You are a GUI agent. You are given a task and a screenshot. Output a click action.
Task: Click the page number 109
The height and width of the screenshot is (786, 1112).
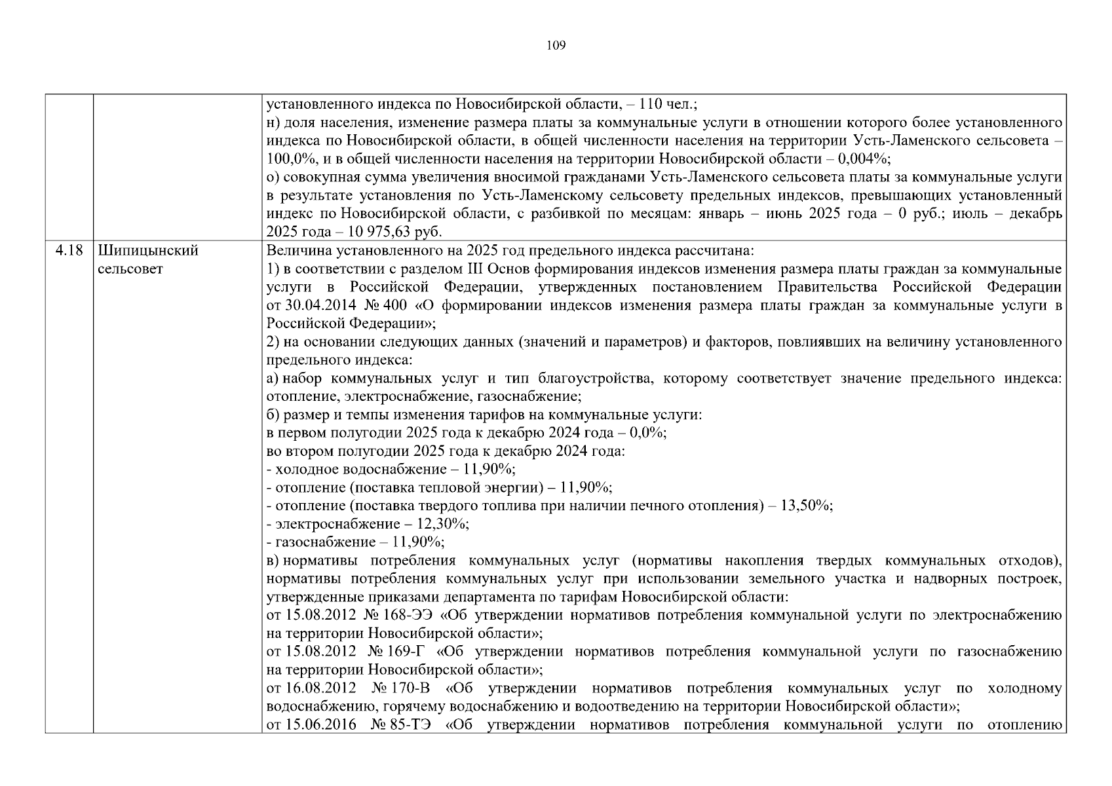click(x=556, y=45)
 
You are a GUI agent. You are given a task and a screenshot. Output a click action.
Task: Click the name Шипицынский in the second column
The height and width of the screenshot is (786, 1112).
click(x=148, y=251)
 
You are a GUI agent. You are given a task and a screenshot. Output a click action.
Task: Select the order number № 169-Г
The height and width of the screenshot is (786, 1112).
click(x=397, y=652)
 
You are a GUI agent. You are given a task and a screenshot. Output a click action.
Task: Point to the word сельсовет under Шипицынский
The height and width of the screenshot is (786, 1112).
click(x=130, y=269)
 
